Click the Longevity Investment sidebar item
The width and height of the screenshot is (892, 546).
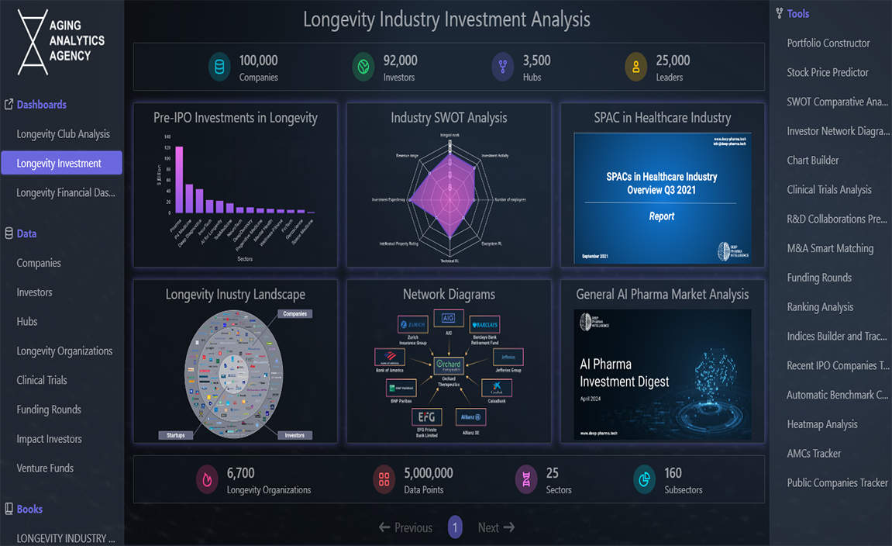[x=59, y=163]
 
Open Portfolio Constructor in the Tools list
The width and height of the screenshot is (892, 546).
[x=828, y=43]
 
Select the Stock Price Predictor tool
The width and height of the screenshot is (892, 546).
[x=827, y=72]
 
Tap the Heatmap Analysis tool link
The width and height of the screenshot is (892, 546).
[x=821, y=424]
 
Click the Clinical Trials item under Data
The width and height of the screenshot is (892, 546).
[x=42, y=380]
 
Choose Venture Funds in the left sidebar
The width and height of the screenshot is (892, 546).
[x=45, y=468]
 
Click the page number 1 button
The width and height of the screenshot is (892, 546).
[x=455, y=527]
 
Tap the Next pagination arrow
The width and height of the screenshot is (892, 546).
[x=496, y=527]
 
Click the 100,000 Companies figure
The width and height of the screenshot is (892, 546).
[x=258, y=60]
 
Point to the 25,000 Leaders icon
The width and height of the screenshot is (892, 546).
[x=635, y=67]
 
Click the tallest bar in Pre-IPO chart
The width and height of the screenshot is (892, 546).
[x=179, y=180]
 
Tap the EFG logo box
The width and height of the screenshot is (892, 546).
[x=426, y=416]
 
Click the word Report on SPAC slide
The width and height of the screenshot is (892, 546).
[x=661, y=216]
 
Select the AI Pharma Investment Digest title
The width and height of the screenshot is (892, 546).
[x=624, y=373]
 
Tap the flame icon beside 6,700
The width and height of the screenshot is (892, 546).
[x=207, y=480]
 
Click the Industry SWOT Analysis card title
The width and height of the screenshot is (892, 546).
[x=449, y=118]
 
